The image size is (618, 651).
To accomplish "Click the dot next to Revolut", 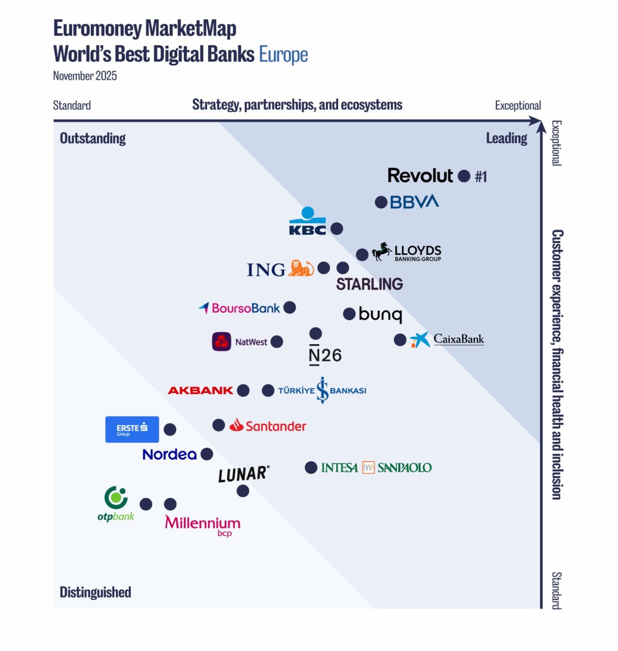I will [x=463, y=176].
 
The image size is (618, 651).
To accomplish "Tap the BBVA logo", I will [x=414, y=202].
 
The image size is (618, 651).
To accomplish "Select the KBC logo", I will [x=308, y=222].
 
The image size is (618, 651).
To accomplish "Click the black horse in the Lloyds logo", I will [x=381, y=251].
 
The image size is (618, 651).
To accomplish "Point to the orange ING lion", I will [x=301, y=268].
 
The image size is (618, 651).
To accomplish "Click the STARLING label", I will [x=369, y=284].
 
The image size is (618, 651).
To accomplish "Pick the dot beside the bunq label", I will [x=349, y=314].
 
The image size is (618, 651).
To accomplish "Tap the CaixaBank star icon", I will [x=420, y=340].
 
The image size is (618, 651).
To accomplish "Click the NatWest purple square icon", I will [x=222, y=342].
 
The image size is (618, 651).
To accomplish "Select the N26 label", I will [x=325, y=355].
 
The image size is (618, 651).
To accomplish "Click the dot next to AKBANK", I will [x=243, y=391].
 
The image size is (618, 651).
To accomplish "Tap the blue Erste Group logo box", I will [x=132, y=429].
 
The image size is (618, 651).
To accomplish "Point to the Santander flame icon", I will [x=236, y=425].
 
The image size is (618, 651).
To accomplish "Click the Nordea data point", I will [x=207, y=454].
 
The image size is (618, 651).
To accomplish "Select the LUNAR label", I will [x=243, y=474].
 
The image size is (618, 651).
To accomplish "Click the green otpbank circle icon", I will [x=116, y=497].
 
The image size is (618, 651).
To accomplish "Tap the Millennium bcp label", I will [x=202, y=525].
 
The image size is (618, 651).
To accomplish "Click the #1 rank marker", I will [x=480, y=177].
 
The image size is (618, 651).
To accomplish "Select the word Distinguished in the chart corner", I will [x=95, y=592].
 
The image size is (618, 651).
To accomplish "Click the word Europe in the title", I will [x=283, y=55].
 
